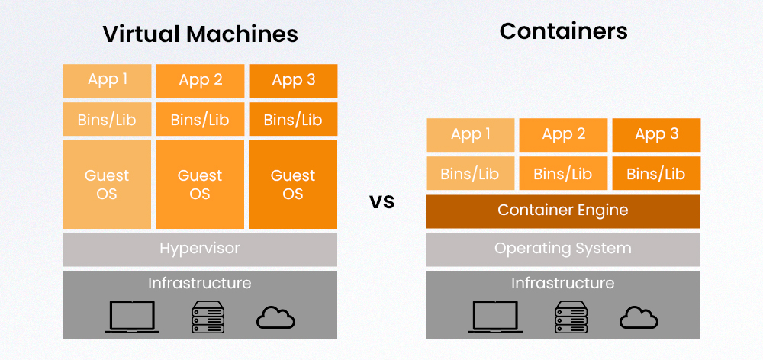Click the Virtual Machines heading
click(x=200, y=34)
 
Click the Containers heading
click(x=563, y=31)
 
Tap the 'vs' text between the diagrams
click(x=381, y=202)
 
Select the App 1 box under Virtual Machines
click(x=108, y=80)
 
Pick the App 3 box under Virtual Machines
click(x=293, y=80)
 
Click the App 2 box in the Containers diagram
click(x=563, y=135)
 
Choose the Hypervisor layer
click(x=200, y=249)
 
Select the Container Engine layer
click(x=563, y=211)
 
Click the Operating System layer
click(x=563, y=249)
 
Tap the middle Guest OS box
click(x=200, y=185)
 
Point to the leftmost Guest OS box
click(x=108, y=185)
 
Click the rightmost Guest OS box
click(x=293, y=185)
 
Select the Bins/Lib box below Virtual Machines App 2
click(x=200, y=120)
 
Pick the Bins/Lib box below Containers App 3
click(x=656, y=174)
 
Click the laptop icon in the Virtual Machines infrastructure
click(x=132, y=316)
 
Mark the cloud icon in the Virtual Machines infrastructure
click(x=275, y=317)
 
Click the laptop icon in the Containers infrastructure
click(x=495, y=316)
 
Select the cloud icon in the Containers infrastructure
click(x=639, y=317)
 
